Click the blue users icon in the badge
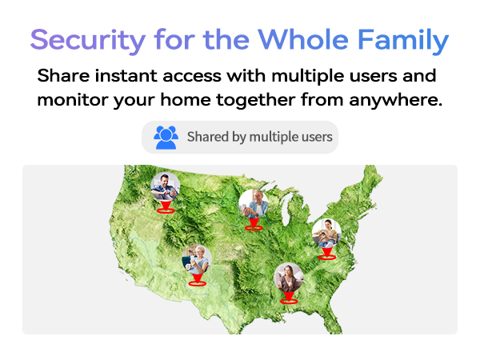pos(166,137)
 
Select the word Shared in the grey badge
pos(208,137)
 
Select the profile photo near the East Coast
pos(326,234)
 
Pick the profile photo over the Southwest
pos(197,259)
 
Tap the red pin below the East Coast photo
pos(326,254)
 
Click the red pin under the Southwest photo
pos(197,280)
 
